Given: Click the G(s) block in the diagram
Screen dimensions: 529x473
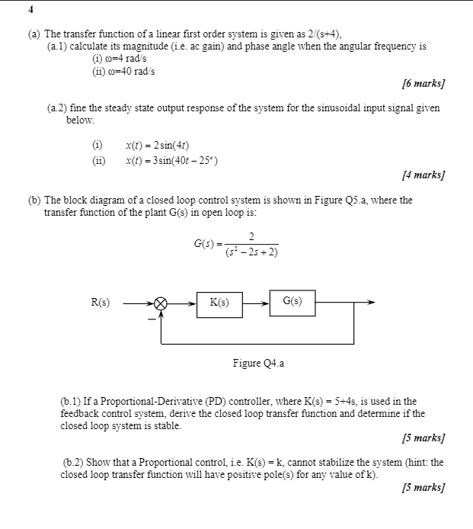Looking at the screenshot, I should pyautogui.click(x=292, y=302).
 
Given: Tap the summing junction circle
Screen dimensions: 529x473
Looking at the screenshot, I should pyautogui.click(x=161, y=303).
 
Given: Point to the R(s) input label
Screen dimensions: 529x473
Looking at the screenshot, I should pyautogui.click(x=100, y=303).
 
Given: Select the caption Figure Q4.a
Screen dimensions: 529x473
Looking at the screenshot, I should pyautogui.click(x=258, y=364).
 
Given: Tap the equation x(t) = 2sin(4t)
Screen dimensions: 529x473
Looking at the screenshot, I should pyautogui.click(x=157, y=145).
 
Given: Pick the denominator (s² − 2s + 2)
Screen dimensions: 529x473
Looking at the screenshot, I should pyautogui.click(x=251, y=252).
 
